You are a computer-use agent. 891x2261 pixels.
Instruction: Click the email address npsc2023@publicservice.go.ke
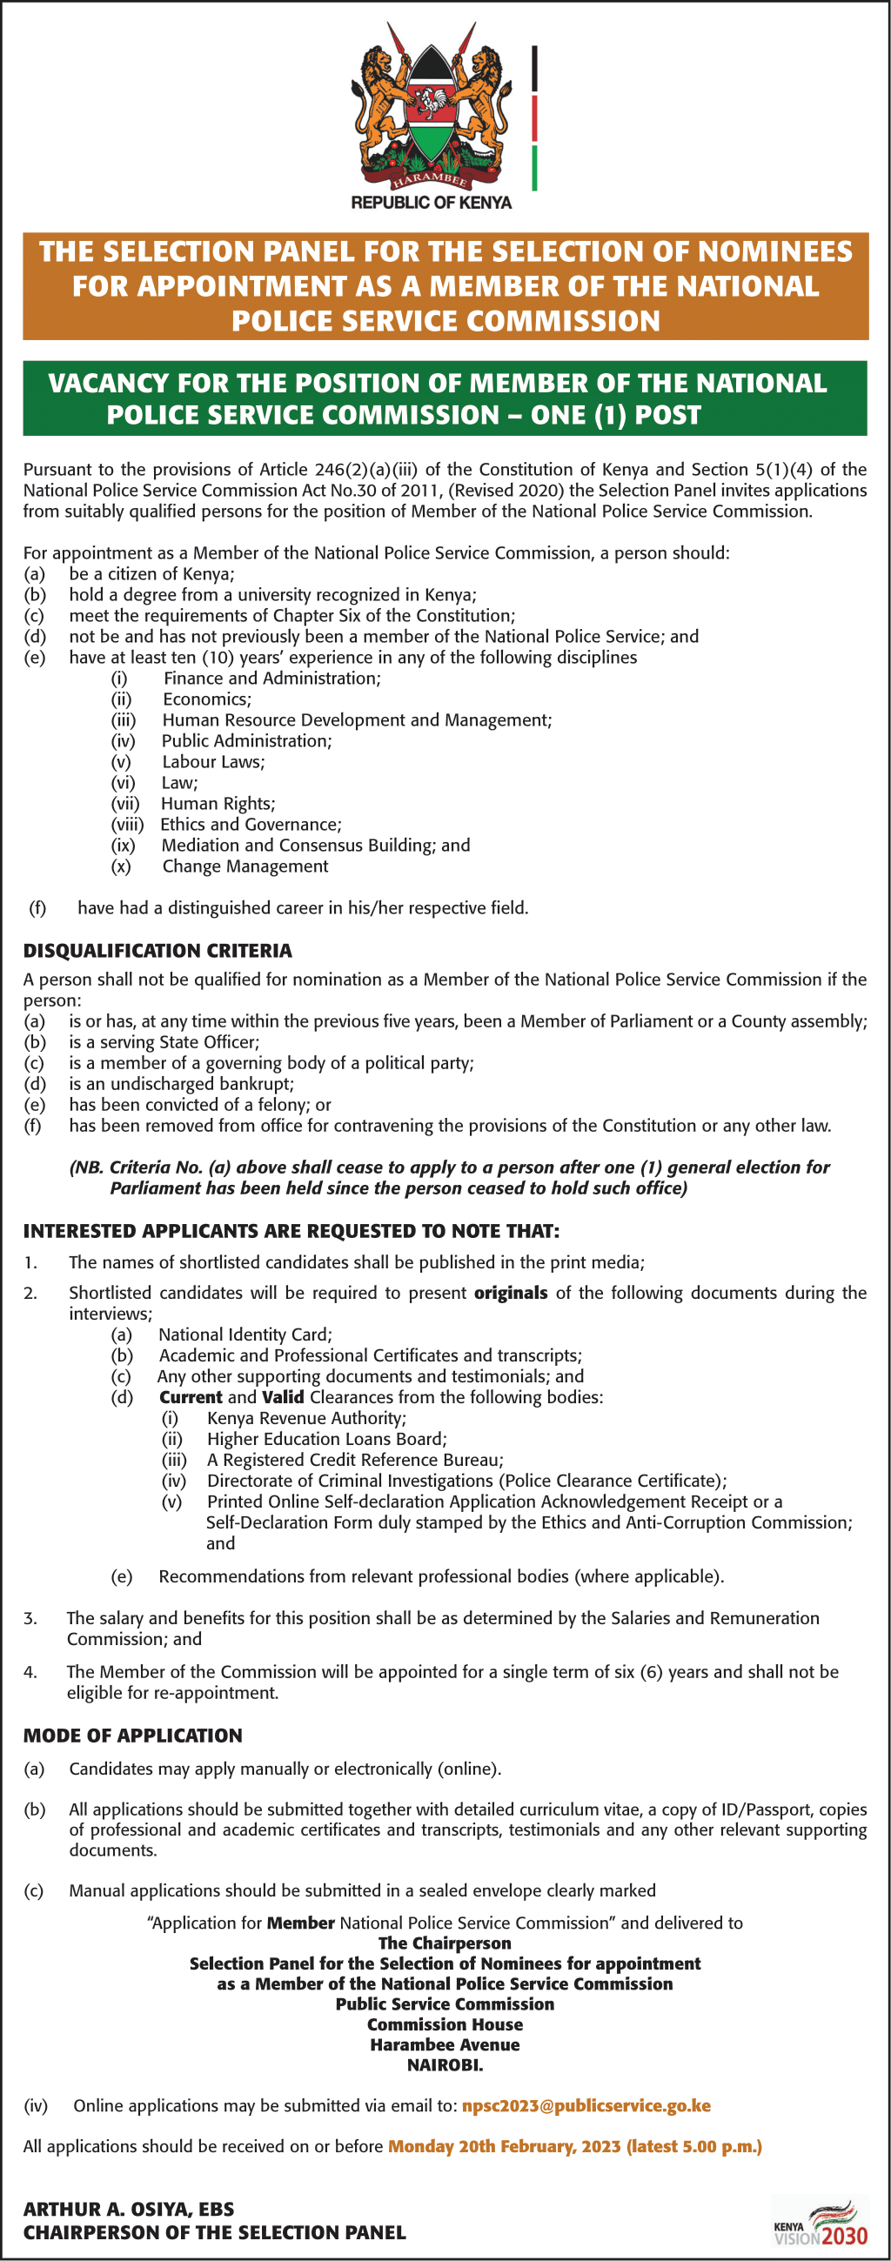click(586, 2105)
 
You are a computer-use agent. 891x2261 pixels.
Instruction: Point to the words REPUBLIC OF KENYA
click(431, 203)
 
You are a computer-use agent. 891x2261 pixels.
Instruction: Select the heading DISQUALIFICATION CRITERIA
click(158, 951)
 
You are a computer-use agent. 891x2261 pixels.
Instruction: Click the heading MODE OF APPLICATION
click(132, 1736)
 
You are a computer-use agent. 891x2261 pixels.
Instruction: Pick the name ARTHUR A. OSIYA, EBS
click(129, 2209)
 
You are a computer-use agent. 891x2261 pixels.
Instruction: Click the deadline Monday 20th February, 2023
click(504, 2146)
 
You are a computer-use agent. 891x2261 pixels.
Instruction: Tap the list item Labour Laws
click(213, 762)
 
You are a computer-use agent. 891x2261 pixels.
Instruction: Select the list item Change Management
click(245, 866)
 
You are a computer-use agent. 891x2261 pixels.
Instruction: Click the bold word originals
click(510, 1293)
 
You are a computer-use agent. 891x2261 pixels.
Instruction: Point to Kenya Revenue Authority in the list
click(306, 1418)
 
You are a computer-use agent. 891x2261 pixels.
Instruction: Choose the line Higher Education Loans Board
click(326, 1440)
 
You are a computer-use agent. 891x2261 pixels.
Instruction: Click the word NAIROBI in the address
click(445, 2065)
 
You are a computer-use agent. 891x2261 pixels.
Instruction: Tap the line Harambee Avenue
click(445, 2045)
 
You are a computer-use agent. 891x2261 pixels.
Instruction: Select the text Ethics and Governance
click(251, 824)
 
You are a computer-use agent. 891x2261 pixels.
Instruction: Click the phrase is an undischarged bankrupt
click(182, 1084)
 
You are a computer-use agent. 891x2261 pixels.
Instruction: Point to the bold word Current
click(191, 1397)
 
